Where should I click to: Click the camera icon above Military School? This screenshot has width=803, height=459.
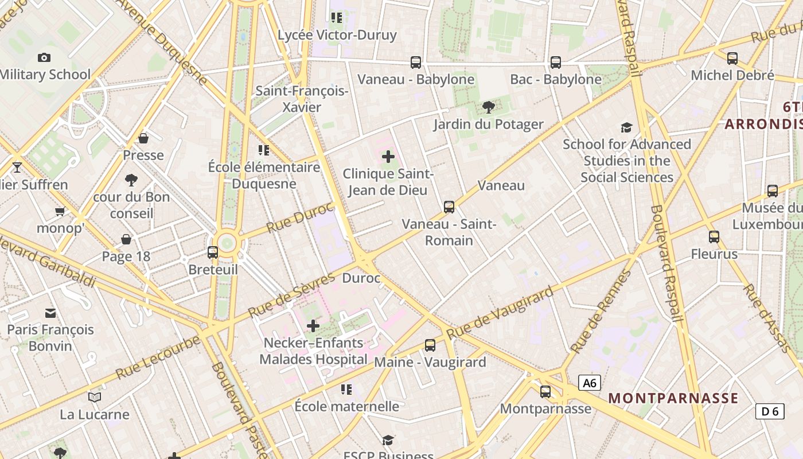click(x=44, y=57)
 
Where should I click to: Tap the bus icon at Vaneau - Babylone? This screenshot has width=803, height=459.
click(x=416, y=63)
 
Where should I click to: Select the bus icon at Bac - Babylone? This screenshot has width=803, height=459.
click(x=555, y=63)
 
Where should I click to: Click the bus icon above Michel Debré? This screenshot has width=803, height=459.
click(x=732, y=59)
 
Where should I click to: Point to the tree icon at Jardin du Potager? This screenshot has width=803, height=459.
click(x=489, y=107)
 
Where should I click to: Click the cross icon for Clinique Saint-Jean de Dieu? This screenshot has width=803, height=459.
click(x=388, y=156)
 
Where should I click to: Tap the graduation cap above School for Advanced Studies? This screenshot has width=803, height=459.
click(x=626, y=127)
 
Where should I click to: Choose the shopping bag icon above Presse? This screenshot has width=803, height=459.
click(x=143, y=138)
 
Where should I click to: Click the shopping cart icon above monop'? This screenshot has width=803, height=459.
click(x=60, y=212)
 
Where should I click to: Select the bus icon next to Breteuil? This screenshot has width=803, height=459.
click(x=213, y=252)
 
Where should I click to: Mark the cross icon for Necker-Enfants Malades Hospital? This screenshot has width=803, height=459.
click(x=313, y=326)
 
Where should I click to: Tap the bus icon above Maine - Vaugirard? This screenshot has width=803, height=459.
click(x=430, y=345)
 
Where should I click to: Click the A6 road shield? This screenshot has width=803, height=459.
click(x=589, y=383)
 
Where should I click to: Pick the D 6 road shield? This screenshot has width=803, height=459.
click(x=770, y=411)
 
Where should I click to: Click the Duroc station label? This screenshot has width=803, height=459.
click(x=361, y=278)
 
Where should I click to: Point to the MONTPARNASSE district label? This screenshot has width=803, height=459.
click(x=673, y=398)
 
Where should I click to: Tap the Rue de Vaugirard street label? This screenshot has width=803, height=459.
click(x=500, y=313)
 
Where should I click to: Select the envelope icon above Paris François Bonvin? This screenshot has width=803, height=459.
click(x=50, y=313)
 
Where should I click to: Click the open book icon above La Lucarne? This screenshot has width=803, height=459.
click(x=95, y=397)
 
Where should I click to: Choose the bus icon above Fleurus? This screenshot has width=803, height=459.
click(x=714, y=237)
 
